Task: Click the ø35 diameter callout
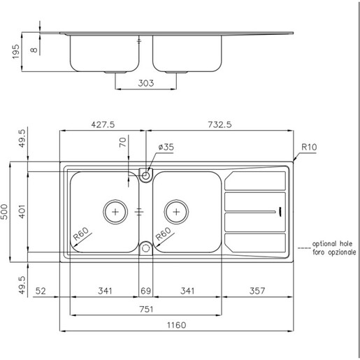[166, 147]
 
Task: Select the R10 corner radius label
[310, 147]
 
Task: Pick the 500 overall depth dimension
[6, 211]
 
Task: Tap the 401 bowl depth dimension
[22, 211]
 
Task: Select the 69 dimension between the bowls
[146, 291]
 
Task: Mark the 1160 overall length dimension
[177, 325]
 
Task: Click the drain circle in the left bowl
[114, 210]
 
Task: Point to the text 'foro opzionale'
[334, 252]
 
